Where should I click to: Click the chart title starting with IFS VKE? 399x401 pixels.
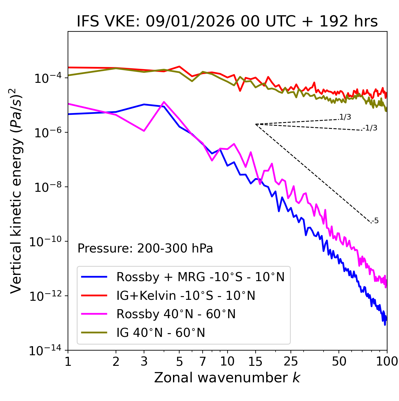tap(227, 21)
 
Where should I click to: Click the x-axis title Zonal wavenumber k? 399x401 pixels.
tap(227, 377)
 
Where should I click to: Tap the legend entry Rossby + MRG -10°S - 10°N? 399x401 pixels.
tap(200, 277)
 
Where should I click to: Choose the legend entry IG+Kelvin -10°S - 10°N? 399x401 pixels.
tap(186, 295)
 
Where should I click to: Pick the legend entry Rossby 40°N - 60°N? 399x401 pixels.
tap(176, 314)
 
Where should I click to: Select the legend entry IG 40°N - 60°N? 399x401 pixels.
tap(161, 333)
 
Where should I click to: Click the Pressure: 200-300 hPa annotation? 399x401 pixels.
tap(145, 248)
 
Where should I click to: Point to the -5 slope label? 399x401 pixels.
tap(375, 221)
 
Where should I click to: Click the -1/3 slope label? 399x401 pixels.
tap(370, 128)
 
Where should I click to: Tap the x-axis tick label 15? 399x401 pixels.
tap(255, 361)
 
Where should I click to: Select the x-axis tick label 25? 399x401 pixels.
tap(291, 361)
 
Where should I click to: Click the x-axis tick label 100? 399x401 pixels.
tap(387, 361)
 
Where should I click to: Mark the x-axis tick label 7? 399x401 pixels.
tap(203, 361)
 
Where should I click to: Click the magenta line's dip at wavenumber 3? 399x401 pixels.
tap(144, 131)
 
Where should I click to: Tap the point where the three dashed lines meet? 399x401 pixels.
tap(256, 124)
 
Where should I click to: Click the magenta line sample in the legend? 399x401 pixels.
tap(94, 314)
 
